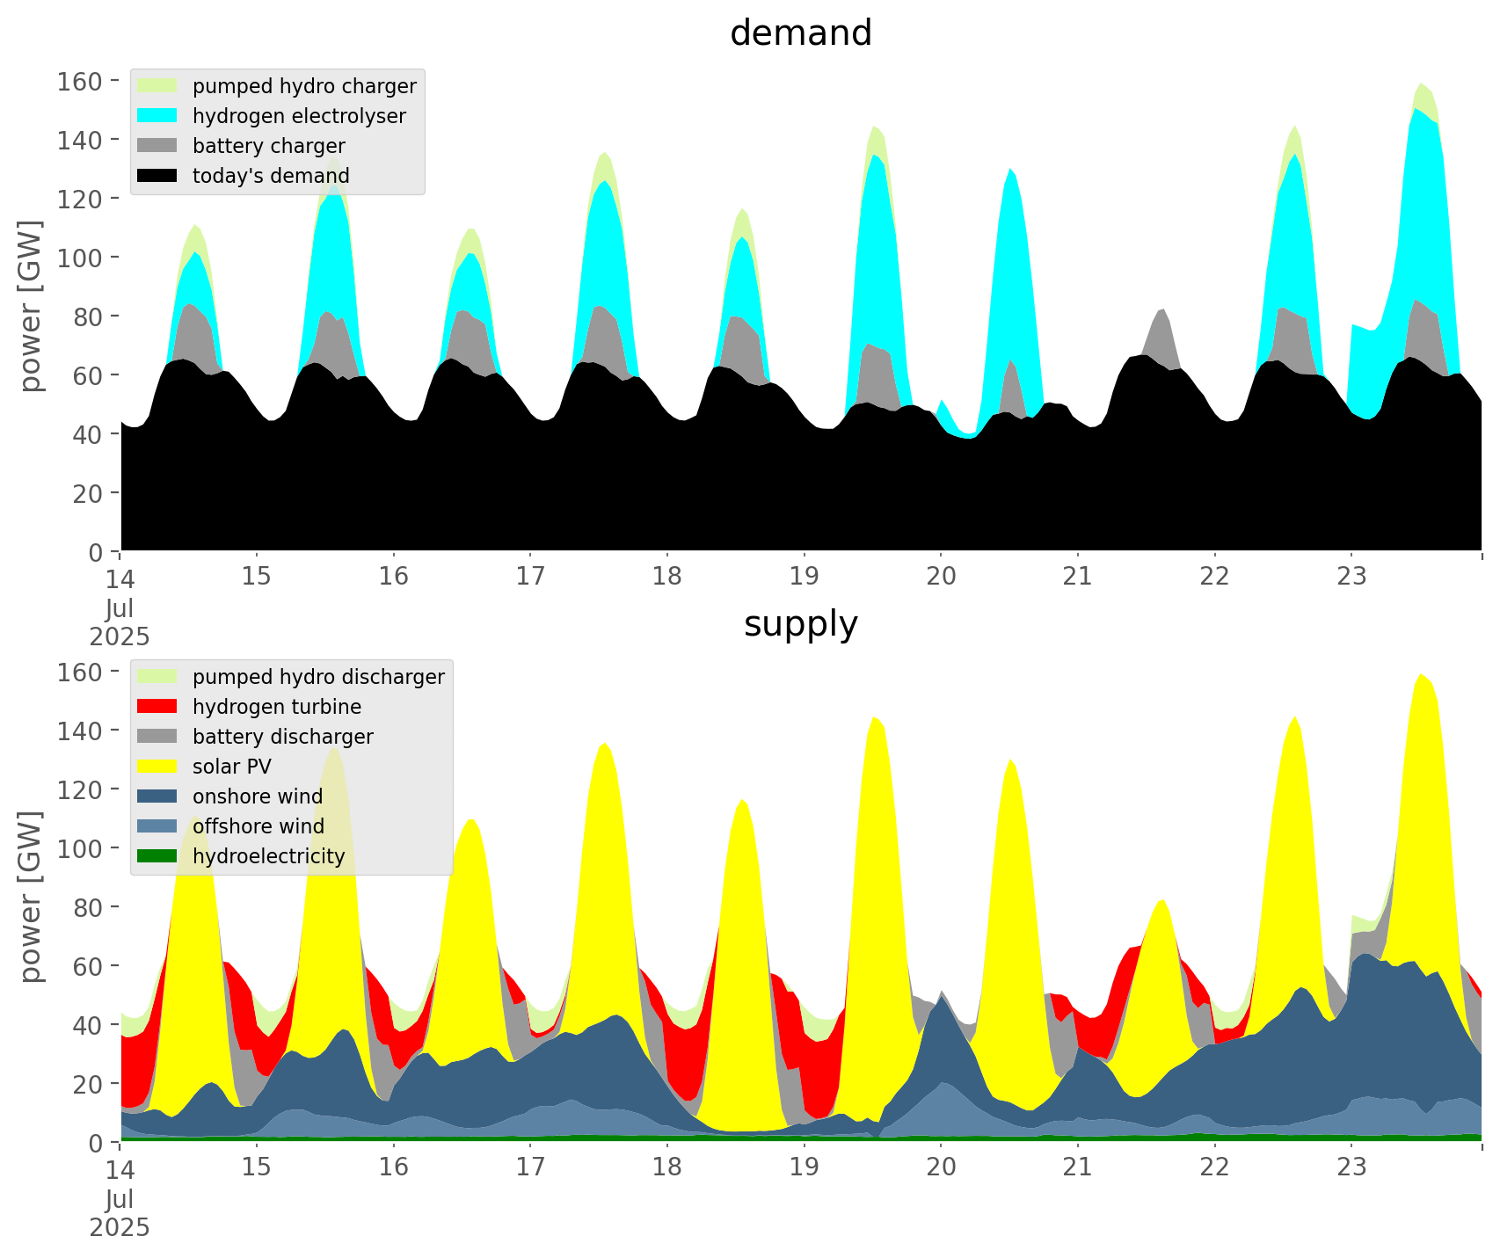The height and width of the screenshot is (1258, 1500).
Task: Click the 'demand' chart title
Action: [800, 33]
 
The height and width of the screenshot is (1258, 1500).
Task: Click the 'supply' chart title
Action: [800, 624]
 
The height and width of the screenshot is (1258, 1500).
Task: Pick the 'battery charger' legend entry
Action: [268, 146]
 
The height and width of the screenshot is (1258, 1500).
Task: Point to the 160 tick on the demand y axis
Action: [80, 82]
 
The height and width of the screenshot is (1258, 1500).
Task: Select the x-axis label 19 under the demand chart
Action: [804, 577]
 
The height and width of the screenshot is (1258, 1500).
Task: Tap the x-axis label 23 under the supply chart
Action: [1351, 1167]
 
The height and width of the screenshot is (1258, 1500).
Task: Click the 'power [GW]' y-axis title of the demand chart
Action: [31, 306]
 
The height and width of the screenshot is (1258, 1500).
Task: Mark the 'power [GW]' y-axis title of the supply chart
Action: [31, 897]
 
